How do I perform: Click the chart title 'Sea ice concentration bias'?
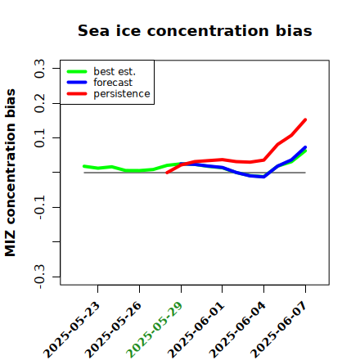tap(195, 30)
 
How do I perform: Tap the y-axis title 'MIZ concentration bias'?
tap(11, 173)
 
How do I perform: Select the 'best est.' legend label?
tap(115, 71)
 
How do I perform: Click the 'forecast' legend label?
tap(113, 83)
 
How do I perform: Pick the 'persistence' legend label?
tap(122, 94)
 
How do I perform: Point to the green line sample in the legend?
tap(77, 71)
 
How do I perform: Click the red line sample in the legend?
tap(77, 94)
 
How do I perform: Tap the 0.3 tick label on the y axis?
tap(39, 69)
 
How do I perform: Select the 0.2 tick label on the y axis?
tap(39, 103)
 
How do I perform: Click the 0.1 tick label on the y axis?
tap(39, 138)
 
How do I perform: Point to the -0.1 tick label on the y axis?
tap(39, 208)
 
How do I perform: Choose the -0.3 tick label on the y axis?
tap(39, 277)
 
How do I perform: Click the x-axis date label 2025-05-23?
tap(72, 331)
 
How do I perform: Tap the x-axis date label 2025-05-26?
tap(114, 331)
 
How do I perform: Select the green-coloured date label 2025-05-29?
tap(155, 331)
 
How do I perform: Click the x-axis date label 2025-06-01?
tap(196, 331)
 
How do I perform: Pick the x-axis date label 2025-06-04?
tap(237, 331)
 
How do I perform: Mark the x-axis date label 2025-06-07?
tap(279, 331)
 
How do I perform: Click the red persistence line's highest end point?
tap(305, 119)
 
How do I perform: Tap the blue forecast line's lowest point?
tap(263, 177)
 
